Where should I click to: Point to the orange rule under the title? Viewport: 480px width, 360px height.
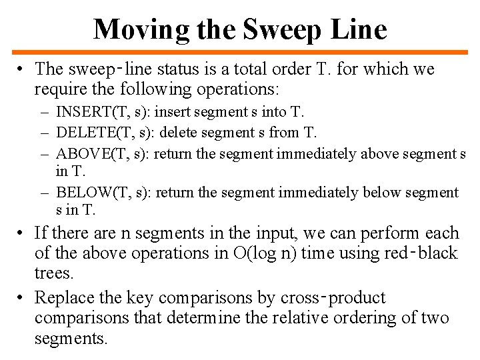tap(240, 53)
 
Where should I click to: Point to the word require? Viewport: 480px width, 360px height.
tap(61, 89)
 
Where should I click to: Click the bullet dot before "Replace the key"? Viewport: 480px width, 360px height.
tap(22, 297)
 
